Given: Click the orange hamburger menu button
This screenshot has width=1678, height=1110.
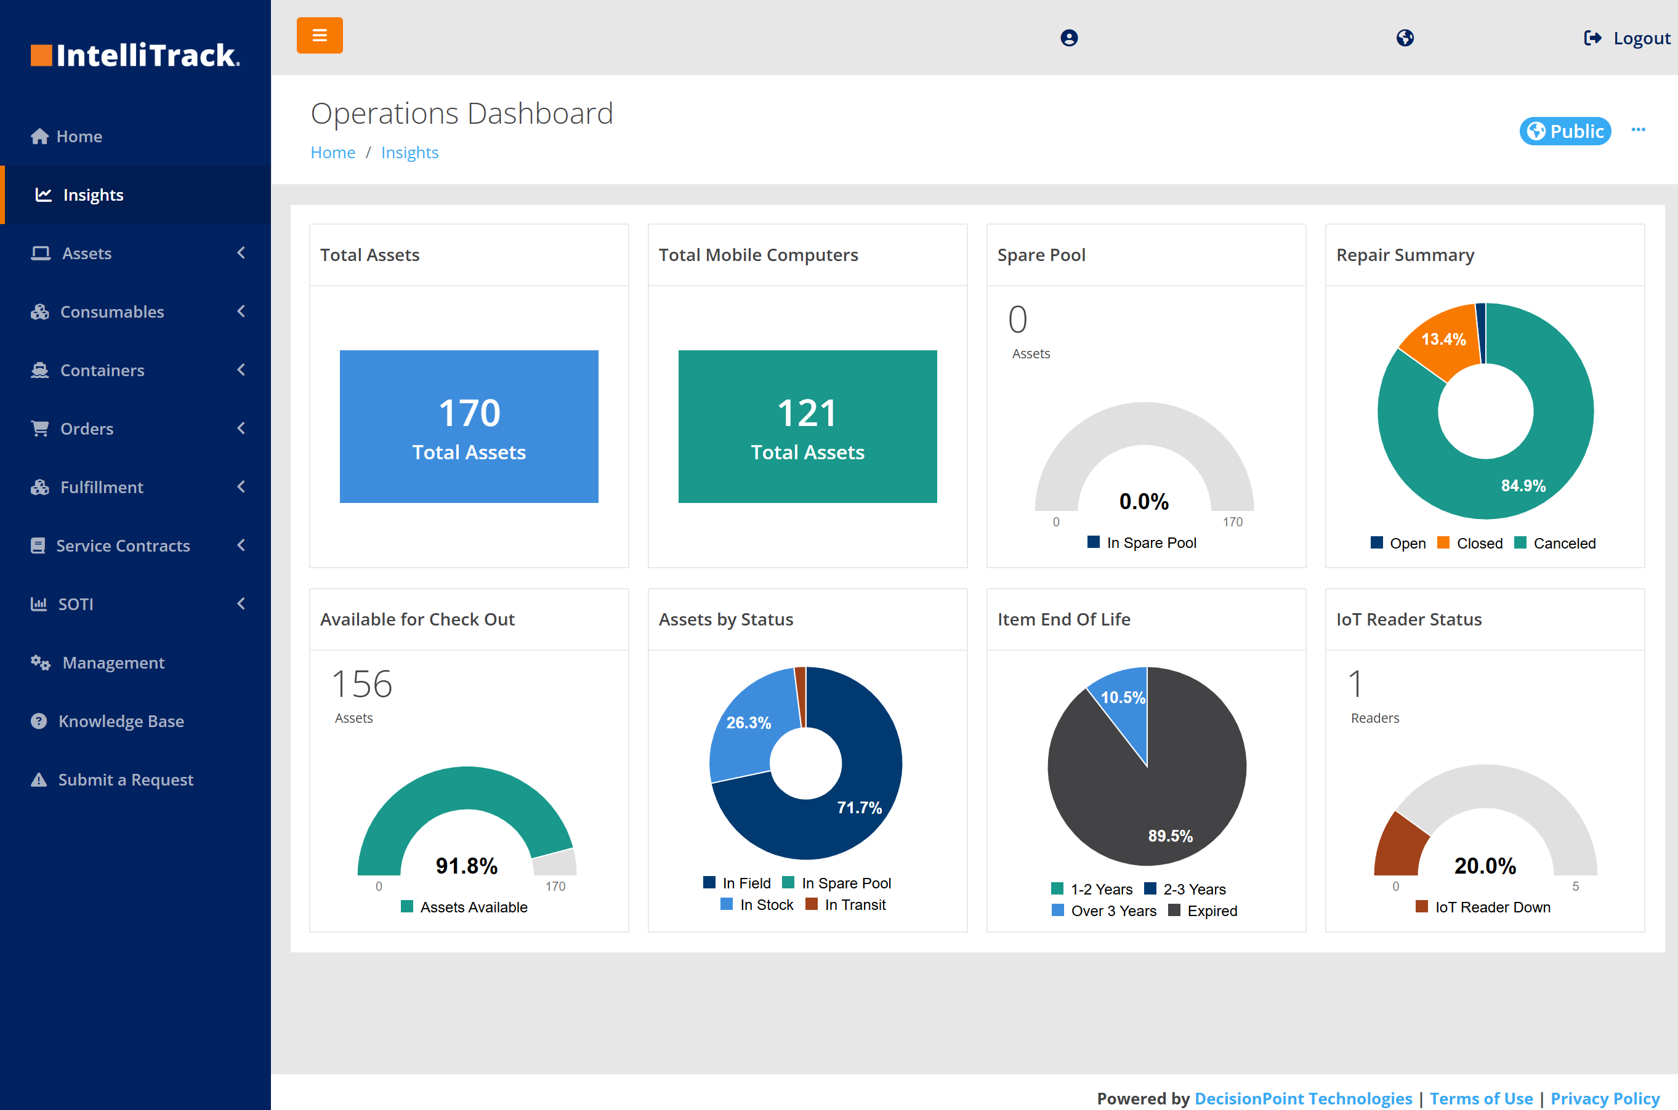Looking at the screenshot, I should (320, 35).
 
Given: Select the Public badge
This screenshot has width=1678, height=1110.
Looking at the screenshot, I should (1565, 131).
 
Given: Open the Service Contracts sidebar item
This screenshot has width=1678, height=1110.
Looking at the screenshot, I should (123, 546).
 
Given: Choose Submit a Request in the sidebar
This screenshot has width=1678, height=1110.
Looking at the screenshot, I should (126, 779).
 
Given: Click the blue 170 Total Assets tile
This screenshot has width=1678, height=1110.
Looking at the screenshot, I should (469, 427).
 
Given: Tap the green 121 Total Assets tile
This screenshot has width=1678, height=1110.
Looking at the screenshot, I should (807, 427).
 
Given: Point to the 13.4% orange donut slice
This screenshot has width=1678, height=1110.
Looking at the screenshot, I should (1442, 340).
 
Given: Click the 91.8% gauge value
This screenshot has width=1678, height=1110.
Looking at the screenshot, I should (467, 866).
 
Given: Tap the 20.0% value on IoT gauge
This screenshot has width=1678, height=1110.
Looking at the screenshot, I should (1485, 866).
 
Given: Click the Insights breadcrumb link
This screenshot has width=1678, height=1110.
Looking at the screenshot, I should (409, 153).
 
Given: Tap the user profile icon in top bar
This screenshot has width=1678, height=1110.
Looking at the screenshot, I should (1069, 38).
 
